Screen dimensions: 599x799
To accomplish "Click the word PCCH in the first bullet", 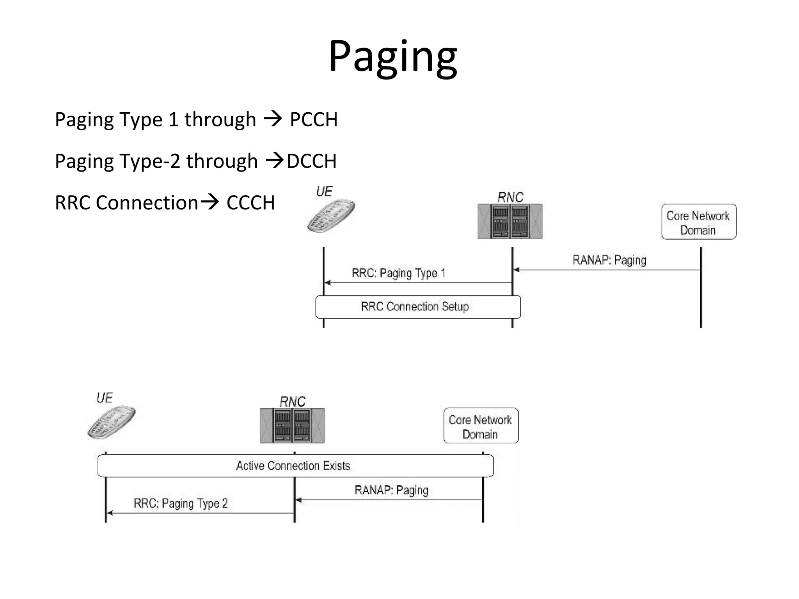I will coord(314,120).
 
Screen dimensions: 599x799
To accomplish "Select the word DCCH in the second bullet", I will coord(311,161).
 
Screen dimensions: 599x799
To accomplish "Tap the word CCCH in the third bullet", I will coord(250,203).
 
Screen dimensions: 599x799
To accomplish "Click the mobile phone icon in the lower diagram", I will coord(111,422).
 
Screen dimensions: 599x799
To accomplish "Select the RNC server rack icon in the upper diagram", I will coord(510,221).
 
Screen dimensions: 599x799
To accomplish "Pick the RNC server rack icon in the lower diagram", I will coord(292,425).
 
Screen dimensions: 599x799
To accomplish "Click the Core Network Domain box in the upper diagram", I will coord(698,222).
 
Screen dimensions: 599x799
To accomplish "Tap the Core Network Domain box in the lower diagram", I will coord(481,426).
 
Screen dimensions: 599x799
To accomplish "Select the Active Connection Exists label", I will coord(293,466).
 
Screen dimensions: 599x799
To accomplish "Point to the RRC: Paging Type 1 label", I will coord(398,273).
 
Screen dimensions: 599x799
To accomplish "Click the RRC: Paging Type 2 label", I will coord(181,503).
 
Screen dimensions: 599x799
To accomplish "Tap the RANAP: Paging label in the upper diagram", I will coord(609,260).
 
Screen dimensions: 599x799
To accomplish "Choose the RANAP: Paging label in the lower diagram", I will coord(391,490).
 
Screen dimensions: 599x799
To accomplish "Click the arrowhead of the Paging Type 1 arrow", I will coord(328,283).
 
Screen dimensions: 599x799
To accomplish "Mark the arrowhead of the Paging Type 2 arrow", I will coord(110,513).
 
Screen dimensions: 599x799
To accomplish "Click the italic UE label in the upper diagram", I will coord(324,192).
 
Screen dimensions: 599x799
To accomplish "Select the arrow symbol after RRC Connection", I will coord(210,202).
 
